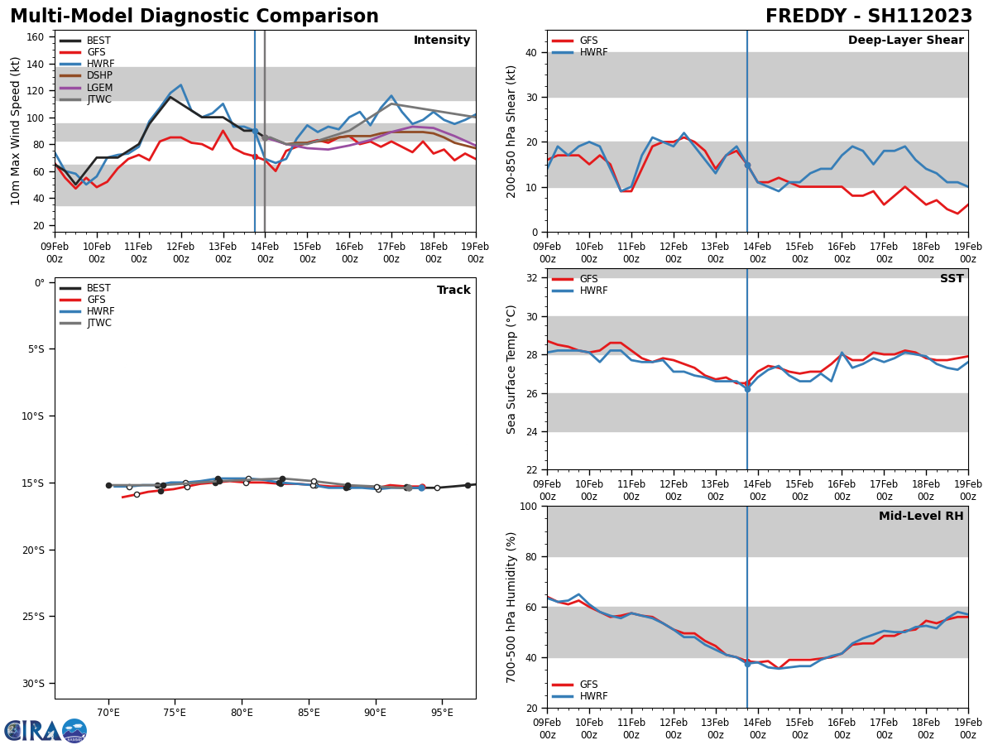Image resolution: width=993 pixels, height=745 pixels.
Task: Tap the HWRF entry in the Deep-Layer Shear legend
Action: click(x=593, y=52)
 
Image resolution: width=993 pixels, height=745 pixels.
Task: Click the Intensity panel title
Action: click(x=442, y=41)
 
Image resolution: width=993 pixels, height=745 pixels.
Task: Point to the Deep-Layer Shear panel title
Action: click(x=905, y=41)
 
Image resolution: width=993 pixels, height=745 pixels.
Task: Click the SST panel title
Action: click(x=951, y=279)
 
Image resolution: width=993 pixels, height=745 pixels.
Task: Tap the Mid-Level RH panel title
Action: click(x=921, y=517)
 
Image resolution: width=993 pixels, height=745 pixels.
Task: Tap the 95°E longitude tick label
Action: click(x=442, y=712)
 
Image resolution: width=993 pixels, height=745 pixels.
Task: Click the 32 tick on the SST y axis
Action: click(x=532, y=278)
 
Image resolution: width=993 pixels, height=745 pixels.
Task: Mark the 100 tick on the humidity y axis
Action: click(x=529, y=507)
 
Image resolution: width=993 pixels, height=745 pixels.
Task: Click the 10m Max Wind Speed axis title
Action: click(x=16, y=131)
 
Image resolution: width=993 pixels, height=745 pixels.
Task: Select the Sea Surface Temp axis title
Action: click(x=511, y=369)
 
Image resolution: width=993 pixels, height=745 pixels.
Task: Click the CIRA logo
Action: click(x=46, y=731)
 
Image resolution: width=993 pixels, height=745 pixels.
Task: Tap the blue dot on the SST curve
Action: click(x=747, y=388)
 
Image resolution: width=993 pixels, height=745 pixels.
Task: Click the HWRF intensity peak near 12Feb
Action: click(x=180, y=84)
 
